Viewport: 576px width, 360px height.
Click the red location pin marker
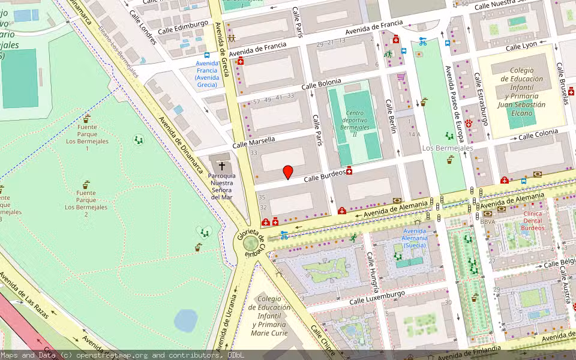(288, 172)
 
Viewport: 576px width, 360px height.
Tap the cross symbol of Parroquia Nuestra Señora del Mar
(222, 166)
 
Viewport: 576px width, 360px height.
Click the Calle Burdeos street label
(324, 176)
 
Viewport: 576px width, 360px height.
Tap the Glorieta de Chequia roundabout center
(250, 244)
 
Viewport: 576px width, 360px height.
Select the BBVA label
(487, 221)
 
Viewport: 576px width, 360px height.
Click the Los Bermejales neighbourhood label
(448, 148)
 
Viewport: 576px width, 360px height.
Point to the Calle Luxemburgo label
(377, 296)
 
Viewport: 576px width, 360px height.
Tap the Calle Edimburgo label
(182, 28)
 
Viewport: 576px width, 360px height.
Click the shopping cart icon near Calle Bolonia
(401, 77)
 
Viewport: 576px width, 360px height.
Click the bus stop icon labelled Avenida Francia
(207, 55)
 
